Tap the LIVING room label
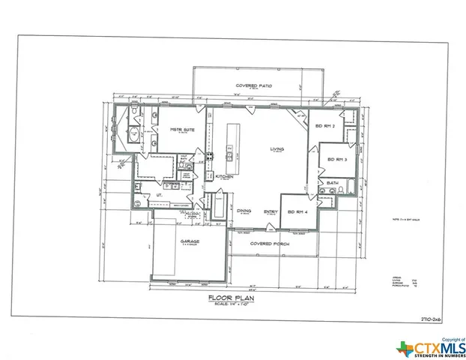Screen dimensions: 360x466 [277, 148]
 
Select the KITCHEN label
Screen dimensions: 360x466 [224, 176]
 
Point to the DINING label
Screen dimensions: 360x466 [244, 211]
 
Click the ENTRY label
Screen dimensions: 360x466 [270, 211]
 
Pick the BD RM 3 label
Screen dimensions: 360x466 [336, 160]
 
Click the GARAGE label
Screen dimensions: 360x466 [188, 241]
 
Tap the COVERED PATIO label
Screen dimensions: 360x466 [254, 86]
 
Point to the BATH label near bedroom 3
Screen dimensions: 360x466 [333, 183]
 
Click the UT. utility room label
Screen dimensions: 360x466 [160, 195]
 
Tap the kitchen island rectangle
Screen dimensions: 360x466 [232, 139]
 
